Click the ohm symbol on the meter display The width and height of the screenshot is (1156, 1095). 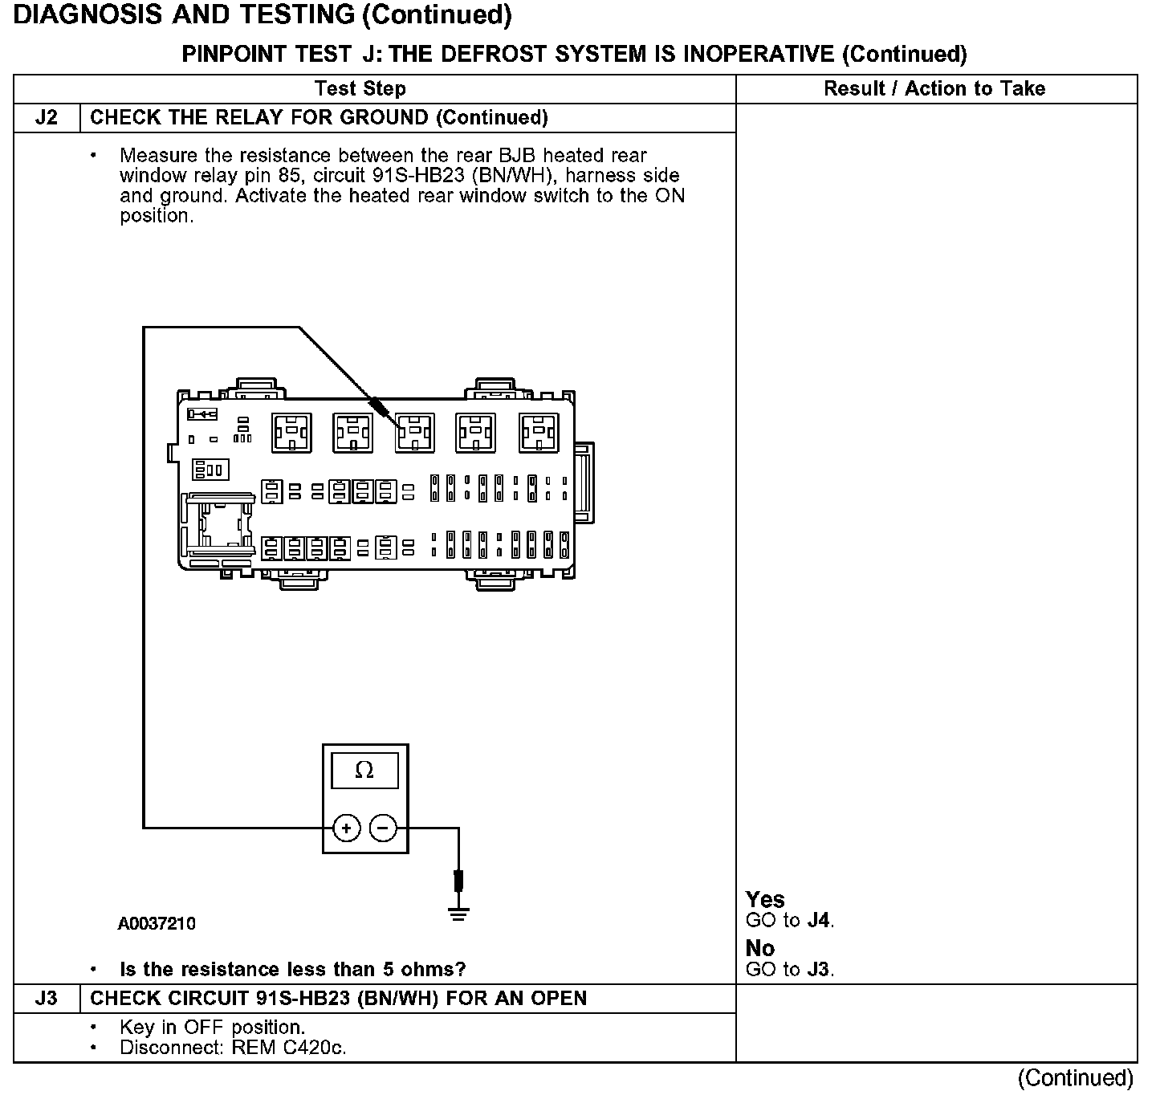[x=364, y=770]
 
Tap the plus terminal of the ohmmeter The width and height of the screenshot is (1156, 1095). [x=346, y=828]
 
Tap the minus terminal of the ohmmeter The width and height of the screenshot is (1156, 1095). [x=383, y=828]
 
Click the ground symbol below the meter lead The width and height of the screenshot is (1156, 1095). [x=458, y=914]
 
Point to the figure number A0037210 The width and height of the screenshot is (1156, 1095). [x=157, y=923]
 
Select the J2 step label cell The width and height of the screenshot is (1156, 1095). [x=47, y=118]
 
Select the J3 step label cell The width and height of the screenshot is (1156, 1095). [x=47, y=998]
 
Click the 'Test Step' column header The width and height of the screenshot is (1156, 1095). [x=360, y=89]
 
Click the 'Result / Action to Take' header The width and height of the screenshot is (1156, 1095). [x=934, y=89]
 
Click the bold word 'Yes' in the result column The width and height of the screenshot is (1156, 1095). [x=765, y=899]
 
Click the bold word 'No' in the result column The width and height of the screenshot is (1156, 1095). [x=760, y=948]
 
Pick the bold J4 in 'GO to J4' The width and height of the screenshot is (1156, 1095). [x=818, y=920]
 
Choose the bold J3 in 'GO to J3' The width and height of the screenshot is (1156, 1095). [x=818, y=969]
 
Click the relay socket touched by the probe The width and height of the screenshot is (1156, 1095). [x=414, y=433]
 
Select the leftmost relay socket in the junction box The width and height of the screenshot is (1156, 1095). [x=291, y=433]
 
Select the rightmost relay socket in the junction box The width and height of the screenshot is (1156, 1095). [x=539, y=433]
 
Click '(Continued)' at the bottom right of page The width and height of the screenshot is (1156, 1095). [x=1076, y=1077]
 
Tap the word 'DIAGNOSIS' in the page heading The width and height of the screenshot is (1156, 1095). [x=87, y=14]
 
